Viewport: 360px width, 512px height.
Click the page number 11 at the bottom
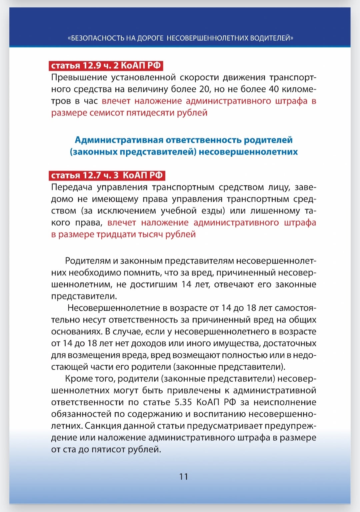[x=184, y=477]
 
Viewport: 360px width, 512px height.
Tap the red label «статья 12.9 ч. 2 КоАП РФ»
[x=106, y=65]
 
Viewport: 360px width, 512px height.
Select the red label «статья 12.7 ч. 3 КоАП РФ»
[x=107, y=175]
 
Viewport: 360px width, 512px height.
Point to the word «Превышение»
[x=74, y=78]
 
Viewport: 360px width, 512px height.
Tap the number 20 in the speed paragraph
[x=205, y=89]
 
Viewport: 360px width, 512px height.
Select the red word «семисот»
[x=108, y=113]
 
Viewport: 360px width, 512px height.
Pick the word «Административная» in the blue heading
[x=119, y=140]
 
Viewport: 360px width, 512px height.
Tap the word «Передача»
[x=72, y=187]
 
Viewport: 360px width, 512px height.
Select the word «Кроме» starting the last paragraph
[x=79, y=379]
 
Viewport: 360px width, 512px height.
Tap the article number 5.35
[x=183, y=402]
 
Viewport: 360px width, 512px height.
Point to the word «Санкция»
[x=103, y=426]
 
